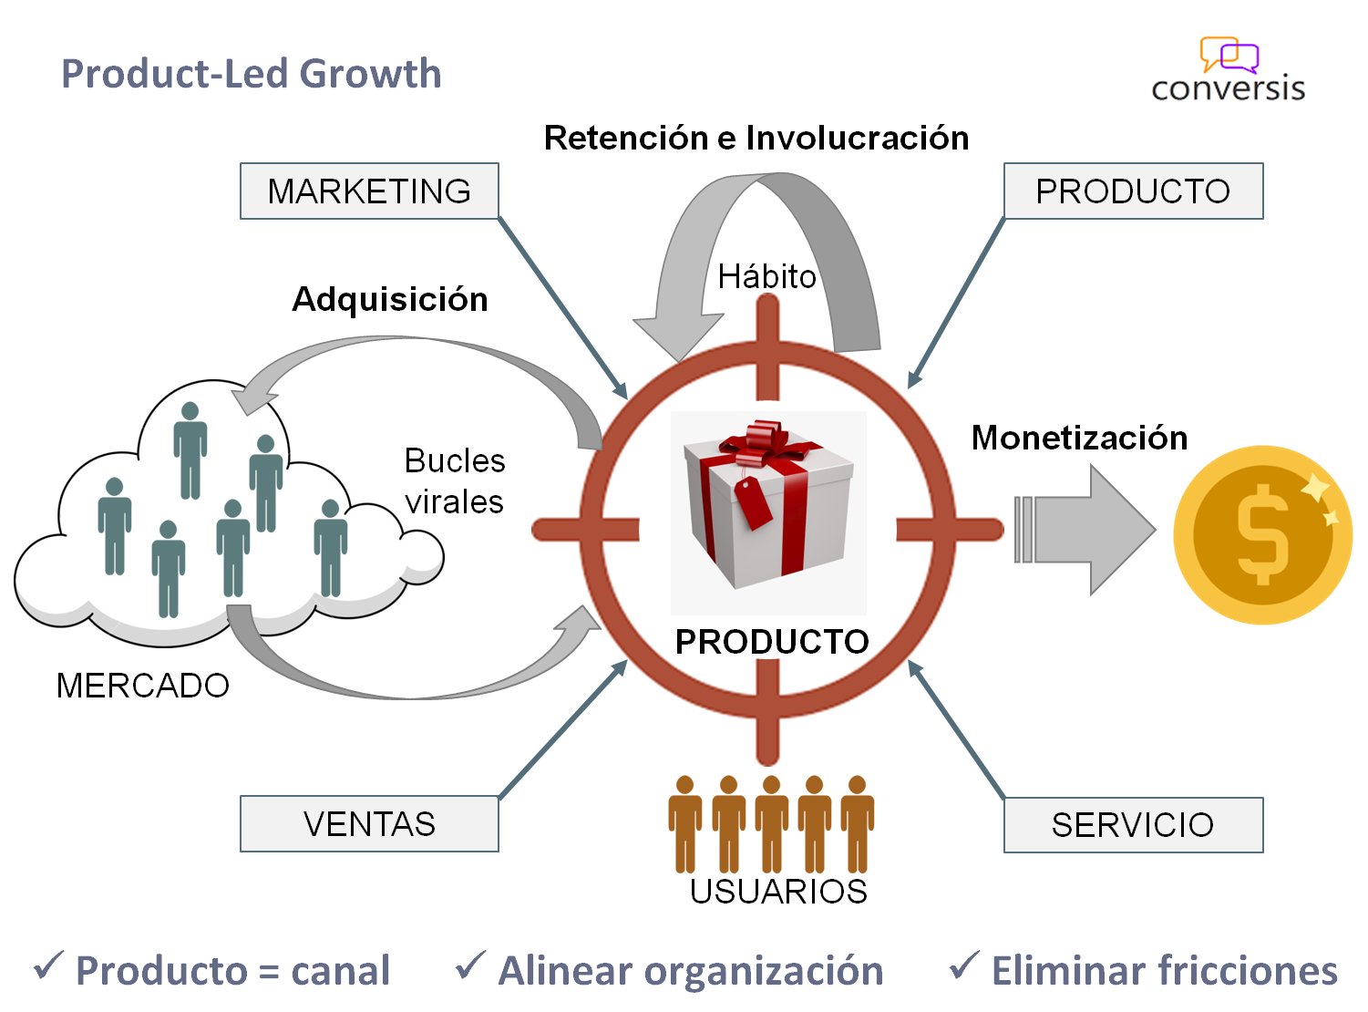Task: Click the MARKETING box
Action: [x=369, y=191]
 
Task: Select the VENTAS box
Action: [x=369, y=824]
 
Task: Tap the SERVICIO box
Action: [x=1133, y=825]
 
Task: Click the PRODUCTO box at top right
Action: [x=1133, y=191]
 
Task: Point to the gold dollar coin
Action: [x=1262, y=534]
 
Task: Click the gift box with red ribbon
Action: [x=768, y=506]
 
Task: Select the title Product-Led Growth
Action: [x=252, y=74]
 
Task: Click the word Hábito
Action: [x=766, y=276]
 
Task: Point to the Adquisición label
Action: [x=390, y=299]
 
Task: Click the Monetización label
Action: [x=1079, y=438]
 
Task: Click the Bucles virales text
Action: [x=455, y=481]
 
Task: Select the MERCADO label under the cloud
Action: [x=143, y=686]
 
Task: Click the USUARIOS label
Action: [x=778, y=892]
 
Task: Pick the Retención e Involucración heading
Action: [x=756, y=138]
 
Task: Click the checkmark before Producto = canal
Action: [x=48, y=966]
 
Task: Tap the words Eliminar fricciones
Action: [x=1165, y=971]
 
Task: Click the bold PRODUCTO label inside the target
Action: [x=772, y=642]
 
